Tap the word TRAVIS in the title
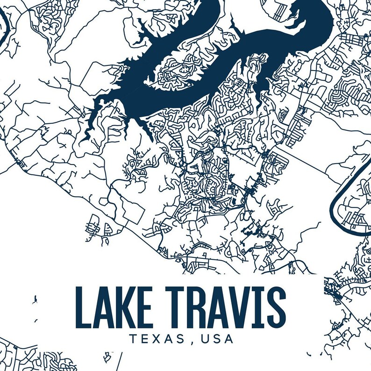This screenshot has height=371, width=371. click(226, 307)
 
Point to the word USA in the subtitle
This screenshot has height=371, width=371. click(217, 339)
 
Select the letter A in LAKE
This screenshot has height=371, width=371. click(104, 307)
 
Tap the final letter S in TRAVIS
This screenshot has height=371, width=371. click(275, 307)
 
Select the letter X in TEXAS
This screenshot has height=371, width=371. click(158, 339)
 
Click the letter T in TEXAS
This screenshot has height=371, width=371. click(133, 339)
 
